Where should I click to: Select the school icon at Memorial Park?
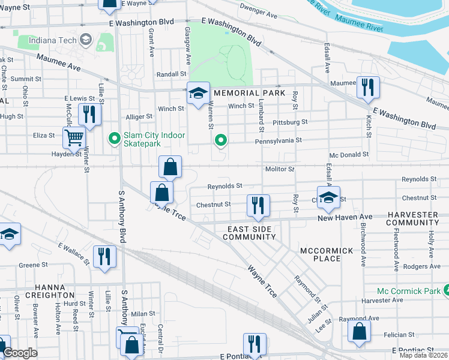(198, 93)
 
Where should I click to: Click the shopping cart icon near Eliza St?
(74, 137)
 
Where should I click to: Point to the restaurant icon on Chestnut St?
(258, 206)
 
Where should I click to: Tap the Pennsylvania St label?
(278, 140)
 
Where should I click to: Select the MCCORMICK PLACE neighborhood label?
(319, 254)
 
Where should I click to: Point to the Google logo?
(20, 353)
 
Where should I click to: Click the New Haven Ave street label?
(345, 217)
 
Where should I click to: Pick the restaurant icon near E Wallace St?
(104, 256)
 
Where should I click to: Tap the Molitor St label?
(280, 170)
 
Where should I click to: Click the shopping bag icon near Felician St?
(358, 332)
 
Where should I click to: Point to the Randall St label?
(172, 74)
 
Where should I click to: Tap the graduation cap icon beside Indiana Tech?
(85, 39)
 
